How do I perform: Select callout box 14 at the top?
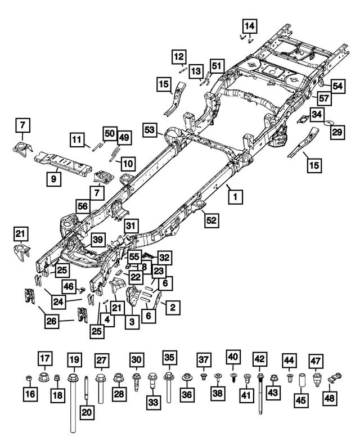pyautogui.click(x=249, y=25)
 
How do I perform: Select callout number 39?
pyautogui.click(x=98, y=240)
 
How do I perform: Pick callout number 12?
pyautogui.click(x=179, y=57)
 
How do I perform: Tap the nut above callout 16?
pyautogui.click(x=29, y=377)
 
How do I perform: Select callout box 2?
pyautogui.click(x=173, y=307)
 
